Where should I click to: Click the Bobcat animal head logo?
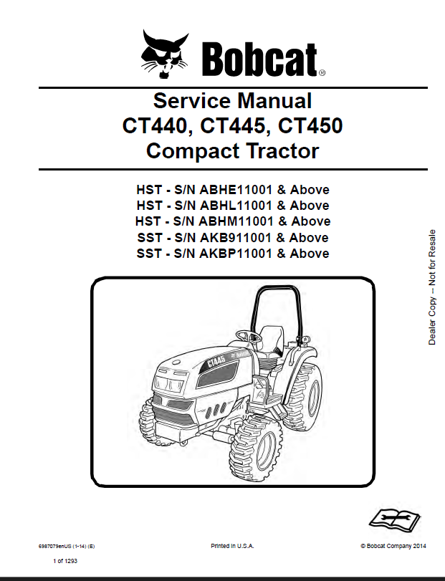(165, 54)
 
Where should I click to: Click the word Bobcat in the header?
(259, 59)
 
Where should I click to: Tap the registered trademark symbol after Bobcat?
(322, 73)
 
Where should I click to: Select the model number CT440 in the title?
(154, 125)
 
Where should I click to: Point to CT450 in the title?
(310, 125)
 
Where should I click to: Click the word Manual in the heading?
(274, 101)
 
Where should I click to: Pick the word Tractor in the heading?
(282, 151)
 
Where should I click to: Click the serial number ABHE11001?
(236, 190)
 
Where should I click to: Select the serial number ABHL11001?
(236, 206)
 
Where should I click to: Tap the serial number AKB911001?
(236, 238)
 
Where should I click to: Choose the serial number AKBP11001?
(236, 254)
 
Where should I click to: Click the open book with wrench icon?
(394, 519)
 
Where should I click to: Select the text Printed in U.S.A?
(232, 546)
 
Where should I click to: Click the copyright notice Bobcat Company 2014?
(393, 546)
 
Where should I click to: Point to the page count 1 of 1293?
(65, 561)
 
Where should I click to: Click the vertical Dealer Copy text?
(432, 287)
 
